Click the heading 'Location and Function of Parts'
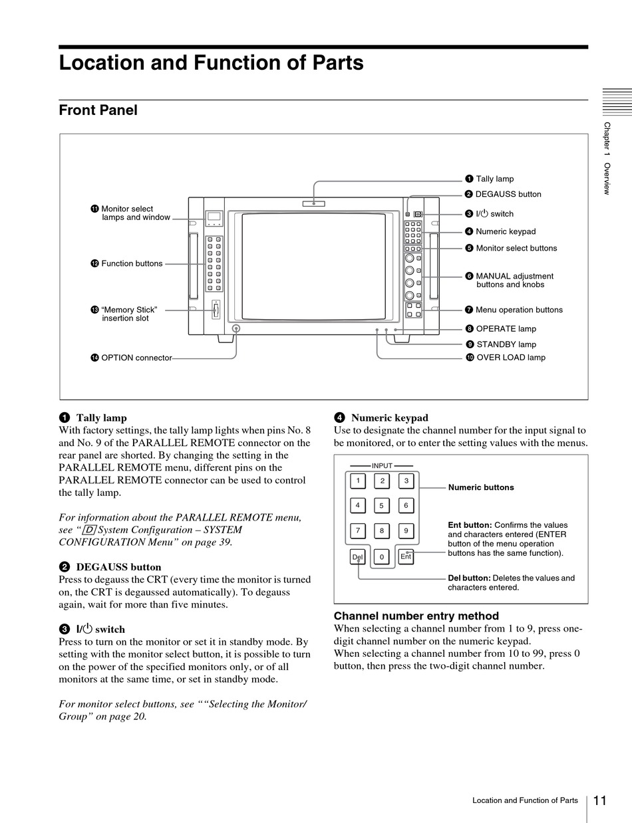[211, 63]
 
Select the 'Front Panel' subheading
[98, 110]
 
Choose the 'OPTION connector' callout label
[136, 358]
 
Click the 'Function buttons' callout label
[132, 263]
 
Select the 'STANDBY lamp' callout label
[506, 344]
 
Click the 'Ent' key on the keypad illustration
[406, 556]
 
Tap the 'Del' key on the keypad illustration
[358, 556]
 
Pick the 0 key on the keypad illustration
[382, 556]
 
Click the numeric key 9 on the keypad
[406, 530]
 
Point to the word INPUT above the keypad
[382, 466]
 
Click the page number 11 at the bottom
[599, 800]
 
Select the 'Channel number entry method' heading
[416, 616]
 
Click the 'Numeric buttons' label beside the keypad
[481, 487]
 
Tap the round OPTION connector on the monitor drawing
[236, 329]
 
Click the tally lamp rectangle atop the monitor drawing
[313, 203]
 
